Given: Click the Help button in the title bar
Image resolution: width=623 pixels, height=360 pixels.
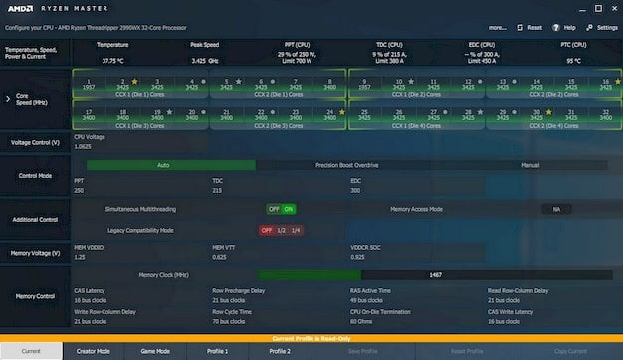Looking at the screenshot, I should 566,28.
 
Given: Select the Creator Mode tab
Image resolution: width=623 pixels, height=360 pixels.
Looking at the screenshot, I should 93,351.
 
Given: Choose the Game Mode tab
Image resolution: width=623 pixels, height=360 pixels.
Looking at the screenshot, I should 155,351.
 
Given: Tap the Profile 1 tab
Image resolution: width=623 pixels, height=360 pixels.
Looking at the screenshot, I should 217,351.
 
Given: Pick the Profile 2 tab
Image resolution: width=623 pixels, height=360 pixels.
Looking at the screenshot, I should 280,351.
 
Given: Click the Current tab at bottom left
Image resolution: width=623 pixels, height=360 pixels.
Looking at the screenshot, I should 31,351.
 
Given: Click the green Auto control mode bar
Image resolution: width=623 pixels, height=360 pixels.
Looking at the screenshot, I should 163,165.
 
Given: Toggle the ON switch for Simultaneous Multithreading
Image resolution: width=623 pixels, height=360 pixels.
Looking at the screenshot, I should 289,209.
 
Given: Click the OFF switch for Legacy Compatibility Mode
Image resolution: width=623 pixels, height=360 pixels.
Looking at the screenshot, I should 267,230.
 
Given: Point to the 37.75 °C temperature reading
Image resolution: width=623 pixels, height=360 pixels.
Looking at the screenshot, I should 112,60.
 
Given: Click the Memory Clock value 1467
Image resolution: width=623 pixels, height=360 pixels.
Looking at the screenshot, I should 435,274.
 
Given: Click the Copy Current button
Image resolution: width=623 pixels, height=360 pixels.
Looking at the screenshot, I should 570,351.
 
